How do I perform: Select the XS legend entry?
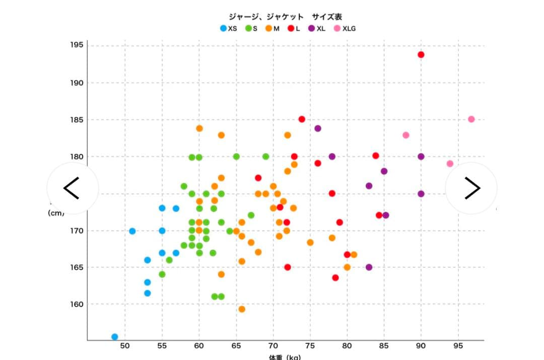[228, 29]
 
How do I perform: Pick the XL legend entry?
[317, 29]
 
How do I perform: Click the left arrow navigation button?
[72, 188]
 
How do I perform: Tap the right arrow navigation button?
[471, 188]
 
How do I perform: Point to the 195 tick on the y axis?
[77, 45]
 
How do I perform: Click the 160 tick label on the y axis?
[77, 304]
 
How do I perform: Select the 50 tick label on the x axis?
[125, 346]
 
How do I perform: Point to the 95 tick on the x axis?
[458, 346]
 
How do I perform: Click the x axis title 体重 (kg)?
[285, 357]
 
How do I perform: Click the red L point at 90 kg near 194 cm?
[421, 54]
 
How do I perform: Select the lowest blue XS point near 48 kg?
[115, 337]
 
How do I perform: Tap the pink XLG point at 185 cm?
[471, 119]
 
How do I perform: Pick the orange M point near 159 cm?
[242, 309]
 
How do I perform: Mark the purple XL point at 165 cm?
[369, 267]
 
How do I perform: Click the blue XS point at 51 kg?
[132, 231]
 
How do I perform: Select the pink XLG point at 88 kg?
[406, 135]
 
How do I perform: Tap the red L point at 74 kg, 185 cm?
[302, 119]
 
